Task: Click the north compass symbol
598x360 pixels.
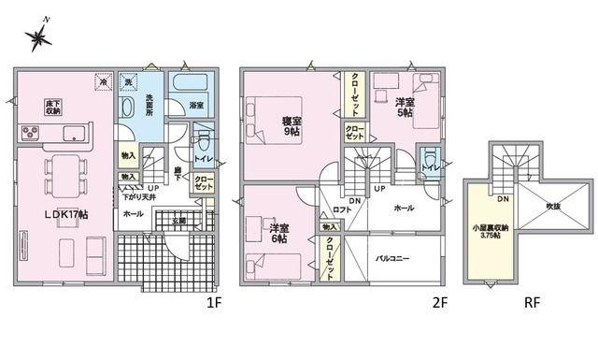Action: click(x=39, y=37)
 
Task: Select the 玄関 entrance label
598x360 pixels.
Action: click(x=180, y=221)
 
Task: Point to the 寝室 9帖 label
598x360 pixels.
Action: click(x=292, y=125)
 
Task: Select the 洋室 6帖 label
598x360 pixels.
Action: click(x=278, y=233)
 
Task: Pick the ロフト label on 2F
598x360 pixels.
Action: click(x=341, y=210)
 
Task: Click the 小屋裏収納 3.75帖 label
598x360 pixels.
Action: click(x=490, y=231)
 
